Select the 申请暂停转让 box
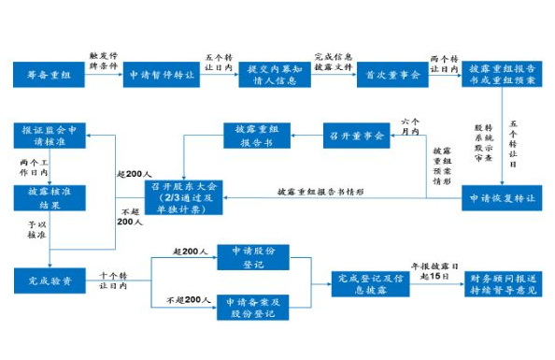(x=163, y=74)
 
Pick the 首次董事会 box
(x=391, y=74)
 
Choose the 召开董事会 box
(x=355, y=137)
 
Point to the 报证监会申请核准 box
(x=51, y=137)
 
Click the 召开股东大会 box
(x=184, y=199)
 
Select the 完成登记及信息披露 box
(x=370, y=283)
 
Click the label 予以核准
(x=36, y=231)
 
